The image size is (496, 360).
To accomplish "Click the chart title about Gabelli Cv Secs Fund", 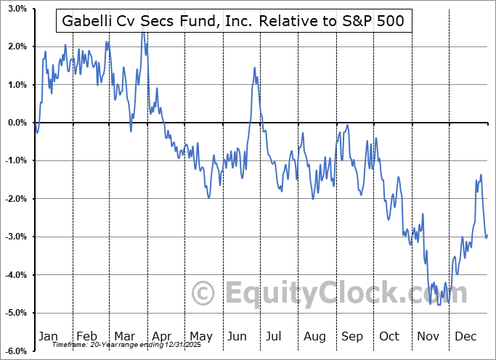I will click(x=234, y=22).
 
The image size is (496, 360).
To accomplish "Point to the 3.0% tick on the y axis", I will click(x=17, y=9).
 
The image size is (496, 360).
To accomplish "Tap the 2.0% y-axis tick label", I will click(x=17, y=46).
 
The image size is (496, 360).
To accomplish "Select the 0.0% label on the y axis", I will click(x=17, y=123).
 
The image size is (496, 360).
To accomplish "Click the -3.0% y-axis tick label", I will click(x=16, y=237).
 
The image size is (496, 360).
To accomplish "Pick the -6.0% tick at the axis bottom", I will click(x=16, y=351).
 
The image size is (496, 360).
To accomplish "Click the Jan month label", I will click(x=47, y=337).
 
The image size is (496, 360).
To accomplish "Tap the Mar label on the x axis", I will click(x=125, y=337).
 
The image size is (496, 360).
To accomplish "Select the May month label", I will click(x=201, y=337).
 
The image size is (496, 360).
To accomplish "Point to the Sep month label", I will click(x=352, y=337).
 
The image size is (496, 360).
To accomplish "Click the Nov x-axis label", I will click(x=429, y=337).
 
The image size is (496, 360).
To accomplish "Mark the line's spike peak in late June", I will click(x=255, y=67).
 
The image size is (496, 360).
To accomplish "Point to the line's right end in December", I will click(x=487, y=234).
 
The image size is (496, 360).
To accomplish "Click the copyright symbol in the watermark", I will click(x=204, y=295).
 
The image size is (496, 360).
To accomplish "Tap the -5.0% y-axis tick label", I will click(x=16, y=313).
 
